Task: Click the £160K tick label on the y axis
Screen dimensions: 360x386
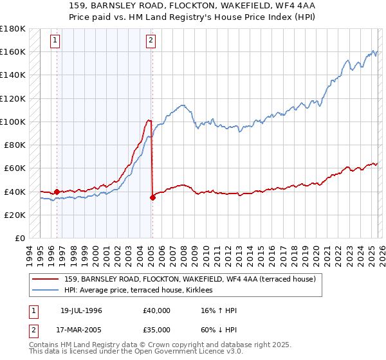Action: pos(13,51)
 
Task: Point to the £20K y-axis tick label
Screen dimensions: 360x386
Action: pos(15,215)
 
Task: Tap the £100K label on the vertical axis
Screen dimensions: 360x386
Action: pos(13,122)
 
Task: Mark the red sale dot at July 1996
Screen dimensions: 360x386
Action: pos(57,192)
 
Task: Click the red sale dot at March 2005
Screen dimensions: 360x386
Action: pos(152,197)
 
